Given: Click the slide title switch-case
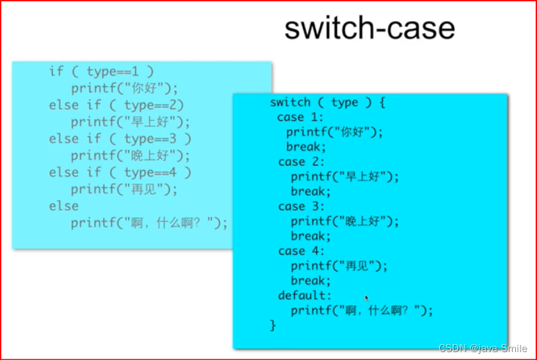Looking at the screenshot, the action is click(x=369, y=28).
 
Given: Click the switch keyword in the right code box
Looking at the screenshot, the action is click(x=290, y=102).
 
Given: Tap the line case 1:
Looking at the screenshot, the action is click(x=300, y=117).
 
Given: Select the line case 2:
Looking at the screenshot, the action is click(x=301, y=162).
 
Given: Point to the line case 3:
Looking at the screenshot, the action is click(x=301, y=206).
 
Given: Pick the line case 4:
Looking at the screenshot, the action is click(x=301, y=251).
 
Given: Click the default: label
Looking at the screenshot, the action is click(x=305, y=295).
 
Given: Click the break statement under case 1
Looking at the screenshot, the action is click(x=306, y=146).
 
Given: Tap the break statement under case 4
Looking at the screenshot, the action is click(x=311, y=280).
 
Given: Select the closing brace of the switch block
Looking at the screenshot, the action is click(x=273, y=325).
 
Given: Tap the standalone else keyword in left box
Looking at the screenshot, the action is click(x=63, y=206).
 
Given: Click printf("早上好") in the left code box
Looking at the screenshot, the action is click(x=130, y=122).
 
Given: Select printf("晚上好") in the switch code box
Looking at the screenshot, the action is click(x=344, y=221).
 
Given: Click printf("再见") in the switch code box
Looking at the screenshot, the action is click(x=338, y=266).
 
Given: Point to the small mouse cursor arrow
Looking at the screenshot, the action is click(x=367, y=298).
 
